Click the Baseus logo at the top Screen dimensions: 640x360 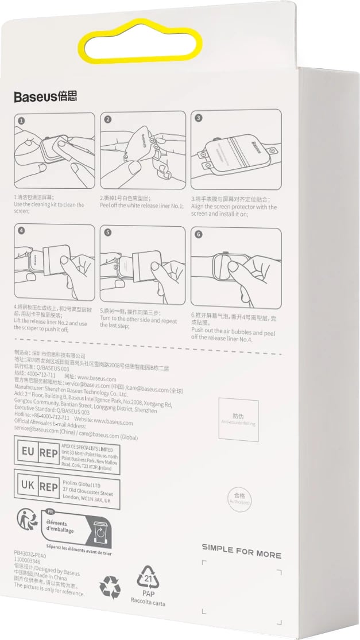point(45,96)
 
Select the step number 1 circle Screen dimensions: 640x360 point(21,121)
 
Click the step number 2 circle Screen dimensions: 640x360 point(107,120)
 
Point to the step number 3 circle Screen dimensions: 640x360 point(198,118)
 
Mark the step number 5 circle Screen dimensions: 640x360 point(107,233)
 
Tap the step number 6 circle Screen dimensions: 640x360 point(198,234)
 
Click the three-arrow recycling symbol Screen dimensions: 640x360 point(110,587)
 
